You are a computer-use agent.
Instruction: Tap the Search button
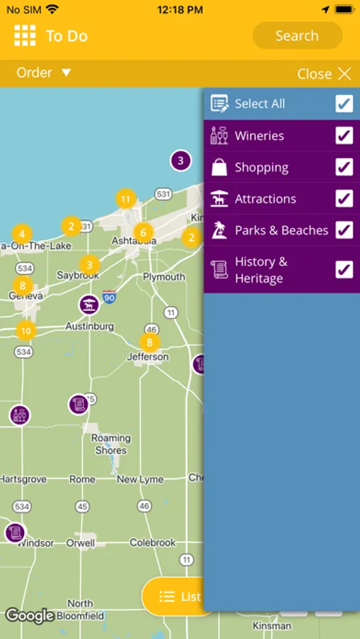click(297, 35)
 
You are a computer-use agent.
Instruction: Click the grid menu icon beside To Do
click(25, 35)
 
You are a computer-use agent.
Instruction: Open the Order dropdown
click(44, 73)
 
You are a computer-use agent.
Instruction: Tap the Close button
click(324, 74)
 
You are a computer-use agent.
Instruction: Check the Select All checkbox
click(344, 104)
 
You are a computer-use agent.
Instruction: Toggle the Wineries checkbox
click(344, 136)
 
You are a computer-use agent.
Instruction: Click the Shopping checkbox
click(344, 167)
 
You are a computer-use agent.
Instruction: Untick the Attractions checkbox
click(344, 198)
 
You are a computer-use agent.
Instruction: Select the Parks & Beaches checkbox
click(344, 230)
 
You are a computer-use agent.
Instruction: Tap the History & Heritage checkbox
click(344, 270)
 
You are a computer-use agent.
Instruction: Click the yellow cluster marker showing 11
click(126, 199)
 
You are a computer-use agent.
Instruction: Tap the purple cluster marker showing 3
click(180, 160)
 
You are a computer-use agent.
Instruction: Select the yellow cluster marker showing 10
click(26, 330)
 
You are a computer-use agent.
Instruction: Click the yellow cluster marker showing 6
click(143, 232)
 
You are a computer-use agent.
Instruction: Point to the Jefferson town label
click(148, 357)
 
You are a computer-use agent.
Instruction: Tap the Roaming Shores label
click(111, 444)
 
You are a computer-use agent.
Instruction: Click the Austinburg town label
click(89, 327)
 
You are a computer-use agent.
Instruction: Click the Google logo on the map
click(30, 616)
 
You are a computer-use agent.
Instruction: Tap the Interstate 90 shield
click(109, 296)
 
